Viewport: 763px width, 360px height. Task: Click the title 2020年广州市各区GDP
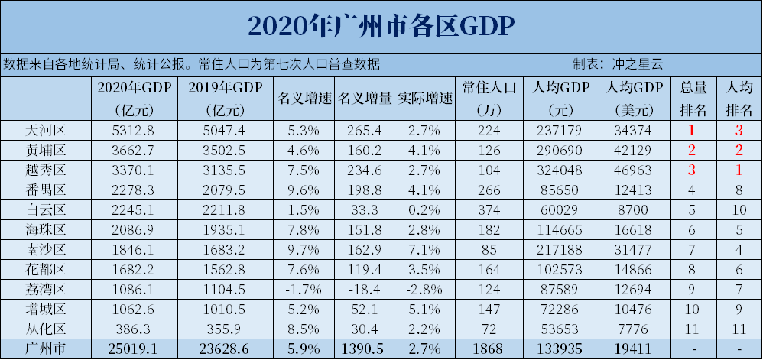[381, 26]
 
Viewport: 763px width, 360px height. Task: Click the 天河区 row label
[47, 130]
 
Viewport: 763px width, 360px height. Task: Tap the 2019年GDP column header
[228, 98]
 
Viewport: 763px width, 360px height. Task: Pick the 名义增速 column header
[304, 99]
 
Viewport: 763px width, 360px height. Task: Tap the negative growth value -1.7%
[304, 290]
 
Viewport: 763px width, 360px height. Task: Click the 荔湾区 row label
[47, 290]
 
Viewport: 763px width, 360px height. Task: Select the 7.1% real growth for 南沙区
[425, 250]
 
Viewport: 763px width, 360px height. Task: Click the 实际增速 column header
[425, 99]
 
